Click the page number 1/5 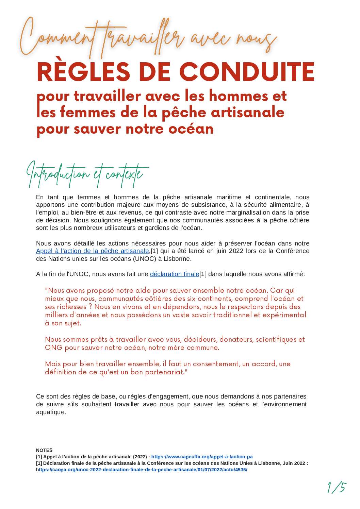pyautogui.click(x=336, y=488)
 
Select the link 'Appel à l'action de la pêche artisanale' pyautogui.click(x=93, y=251)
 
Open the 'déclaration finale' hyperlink pyautogui.click(x=175, y=274)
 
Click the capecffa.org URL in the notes pyautogui.click(x=202, y=457)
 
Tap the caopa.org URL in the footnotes pyautogui.click(x=143, y=470)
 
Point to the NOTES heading pyautogui.click(x=44, y=450)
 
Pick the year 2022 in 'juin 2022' pyautogui.click(x=236, y=251)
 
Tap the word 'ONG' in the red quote pyautogui.click(x=54, y=347)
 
